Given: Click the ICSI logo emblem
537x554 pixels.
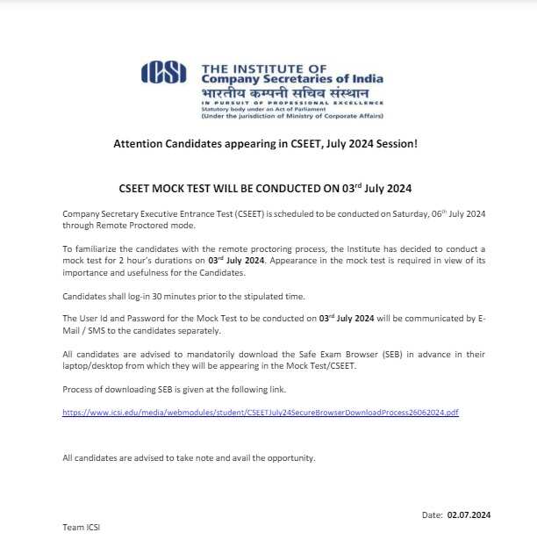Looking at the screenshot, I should (x=163, y=73).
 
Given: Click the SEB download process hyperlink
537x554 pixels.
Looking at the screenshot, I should (x=261, y=412).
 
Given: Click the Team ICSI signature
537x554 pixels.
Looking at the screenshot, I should (x=82, y=528).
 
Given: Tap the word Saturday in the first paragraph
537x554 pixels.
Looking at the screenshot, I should (x=387, y=214).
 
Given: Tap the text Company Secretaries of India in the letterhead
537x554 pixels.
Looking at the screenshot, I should (x=292, y=78).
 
